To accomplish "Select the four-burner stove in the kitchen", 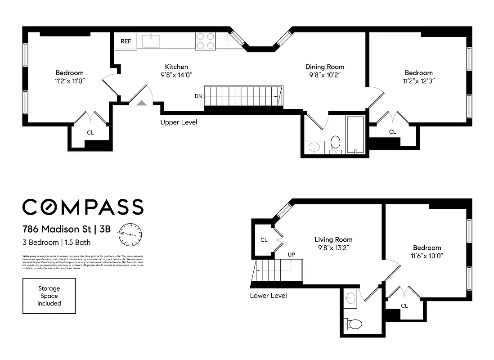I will (x=206, y=41).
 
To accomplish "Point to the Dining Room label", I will (x=325, y=71).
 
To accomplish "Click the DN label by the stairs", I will (x=198, y=96).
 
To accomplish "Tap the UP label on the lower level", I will (x=292, y=255).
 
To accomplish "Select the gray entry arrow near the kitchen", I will (x=142, y=103).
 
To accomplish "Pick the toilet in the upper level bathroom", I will (x=336, y=144).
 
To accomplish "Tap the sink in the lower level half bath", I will (x=351, y=297).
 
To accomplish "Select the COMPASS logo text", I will (x=83, y=207).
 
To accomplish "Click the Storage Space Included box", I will (x=49, y=296).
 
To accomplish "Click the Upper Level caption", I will (x=179, y=122).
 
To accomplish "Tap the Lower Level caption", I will (x=268, y=296).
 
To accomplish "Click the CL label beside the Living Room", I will (x=264, y=240).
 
